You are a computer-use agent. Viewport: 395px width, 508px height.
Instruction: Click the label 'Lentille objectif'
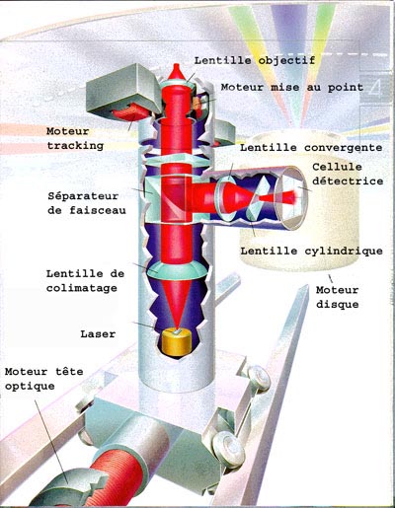click(255, 61)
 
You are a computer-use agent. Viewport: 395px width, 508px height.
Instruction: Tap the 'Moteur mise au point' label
click(292, 88)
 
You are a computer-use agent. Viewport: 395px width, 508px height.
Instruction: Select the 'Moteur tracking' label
click(75, 138)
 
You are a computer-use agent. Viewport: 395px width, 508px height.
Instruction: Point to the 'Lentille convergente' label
click(311, 148)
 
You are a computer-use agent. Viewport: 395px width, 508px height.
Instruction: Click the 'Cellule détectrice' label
click(348, 174)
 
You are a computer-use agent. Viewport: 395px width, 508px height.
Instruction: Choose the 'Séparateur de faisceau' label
click(87, 203)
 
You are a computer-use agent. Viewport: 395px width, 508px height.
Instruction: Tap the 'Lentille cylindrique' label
click(311, 252)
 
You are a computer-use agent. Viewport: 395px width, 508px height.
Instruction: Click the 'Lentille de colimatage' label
click(85, 281)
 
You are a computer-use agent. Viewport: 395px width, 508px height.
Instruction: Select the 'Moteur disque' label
click(337, 297)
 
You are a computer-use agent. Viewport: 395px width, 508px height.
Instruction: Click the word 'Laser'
click(98, 334)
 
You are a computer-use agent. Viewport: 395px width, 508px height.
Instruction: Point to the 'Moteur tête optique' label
click(43, 379)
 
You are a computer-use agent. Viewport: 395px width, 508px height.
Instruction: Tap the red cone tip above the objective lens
click(177, 72)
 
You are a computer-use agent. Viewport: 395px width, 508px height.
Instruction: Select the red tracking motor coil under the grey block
click(130, 112)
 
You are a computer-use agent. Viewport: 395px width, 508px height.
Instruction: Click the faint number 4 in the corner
click(374, 88)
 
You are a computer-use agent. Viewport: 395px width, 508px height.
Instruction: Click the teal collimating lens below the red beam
click(177, 270)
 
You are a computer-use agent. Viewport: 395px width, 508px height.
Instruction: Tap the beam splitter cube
click(169, 198)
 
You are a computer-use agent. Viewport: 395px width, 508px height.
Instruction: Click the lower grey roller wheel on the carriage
click(228, 449)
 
